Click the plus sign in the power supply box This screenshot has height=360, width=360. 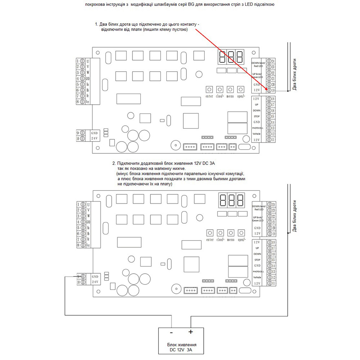click(x=190, y=332)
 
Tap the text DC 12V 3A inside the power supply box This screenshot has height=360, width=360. click(x=181, y=350)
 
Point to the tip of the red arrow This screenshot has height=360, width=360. click(x=268, y=90)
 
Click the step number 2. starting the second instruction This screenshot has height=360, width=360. click(x=114, y=164)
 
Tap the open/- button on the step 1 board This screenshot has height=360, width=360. click(x=240, y=89)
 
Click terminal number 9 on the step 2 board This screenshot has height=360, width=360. click(x=78, y=276)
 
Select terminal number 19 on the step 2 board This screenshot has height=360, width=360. click(x=274, y=234)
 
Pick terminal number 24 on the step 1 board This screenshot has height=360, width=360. click(x=273, y=61)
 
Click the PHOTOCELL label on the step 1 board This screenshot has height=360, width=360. click(x=257, y=128)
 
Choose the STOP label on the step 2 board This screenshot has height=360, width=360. click(x=257, y=260)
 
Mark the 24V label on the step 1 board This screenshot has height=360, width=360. click(x=95, y=138)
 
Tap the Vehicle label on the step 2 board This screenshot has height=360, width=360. click(x=257, y=277)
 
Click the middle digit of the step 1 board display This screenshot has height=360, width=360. click(x=230, y=57)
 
